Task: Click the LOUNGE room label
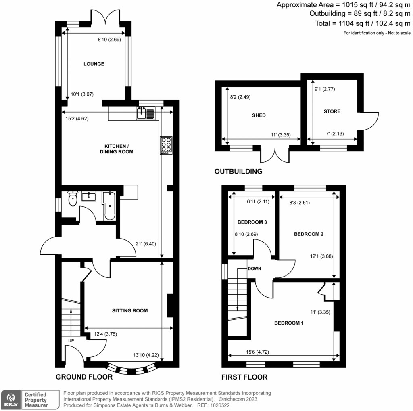[x=94, y=64]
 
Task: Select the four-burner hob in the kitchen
[x=165, y=145]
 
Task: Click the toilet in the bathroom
[x=73, y=199]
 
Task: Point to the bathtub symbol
[x=109, y=206]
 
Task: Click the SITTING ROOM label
[x=130, y=311]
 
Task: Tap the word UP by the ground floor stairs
[x=71, y=340]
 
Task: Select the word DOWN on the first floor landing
[x=254, y=268]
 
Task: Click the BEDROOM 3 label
[x=252, y=222]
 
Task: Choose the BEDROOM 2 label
[x=309, y=234]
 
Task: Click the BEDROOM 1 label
[x=289, y=323]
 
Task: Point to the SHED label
[x=259, y=115]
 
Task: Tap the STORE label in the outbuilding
[x=332, y=111]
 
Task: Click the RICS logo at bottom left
[x=10, y=399]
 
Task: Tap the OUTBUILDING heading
[x=238, y=172]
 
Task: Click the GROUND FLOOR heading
[x=84, y=377]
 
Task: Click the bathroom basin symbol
[x=88, y=197]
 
